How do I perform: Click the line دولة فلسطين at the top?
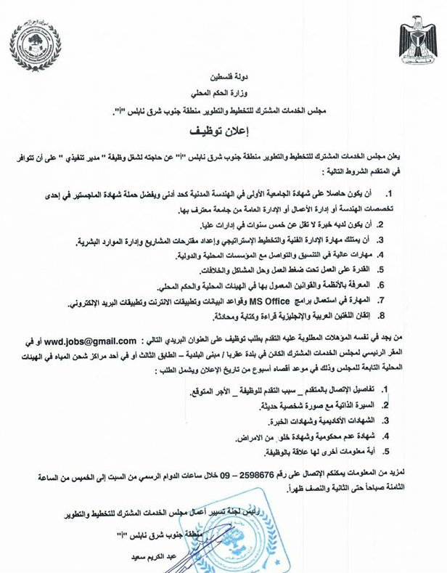[x=223, y=76]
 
